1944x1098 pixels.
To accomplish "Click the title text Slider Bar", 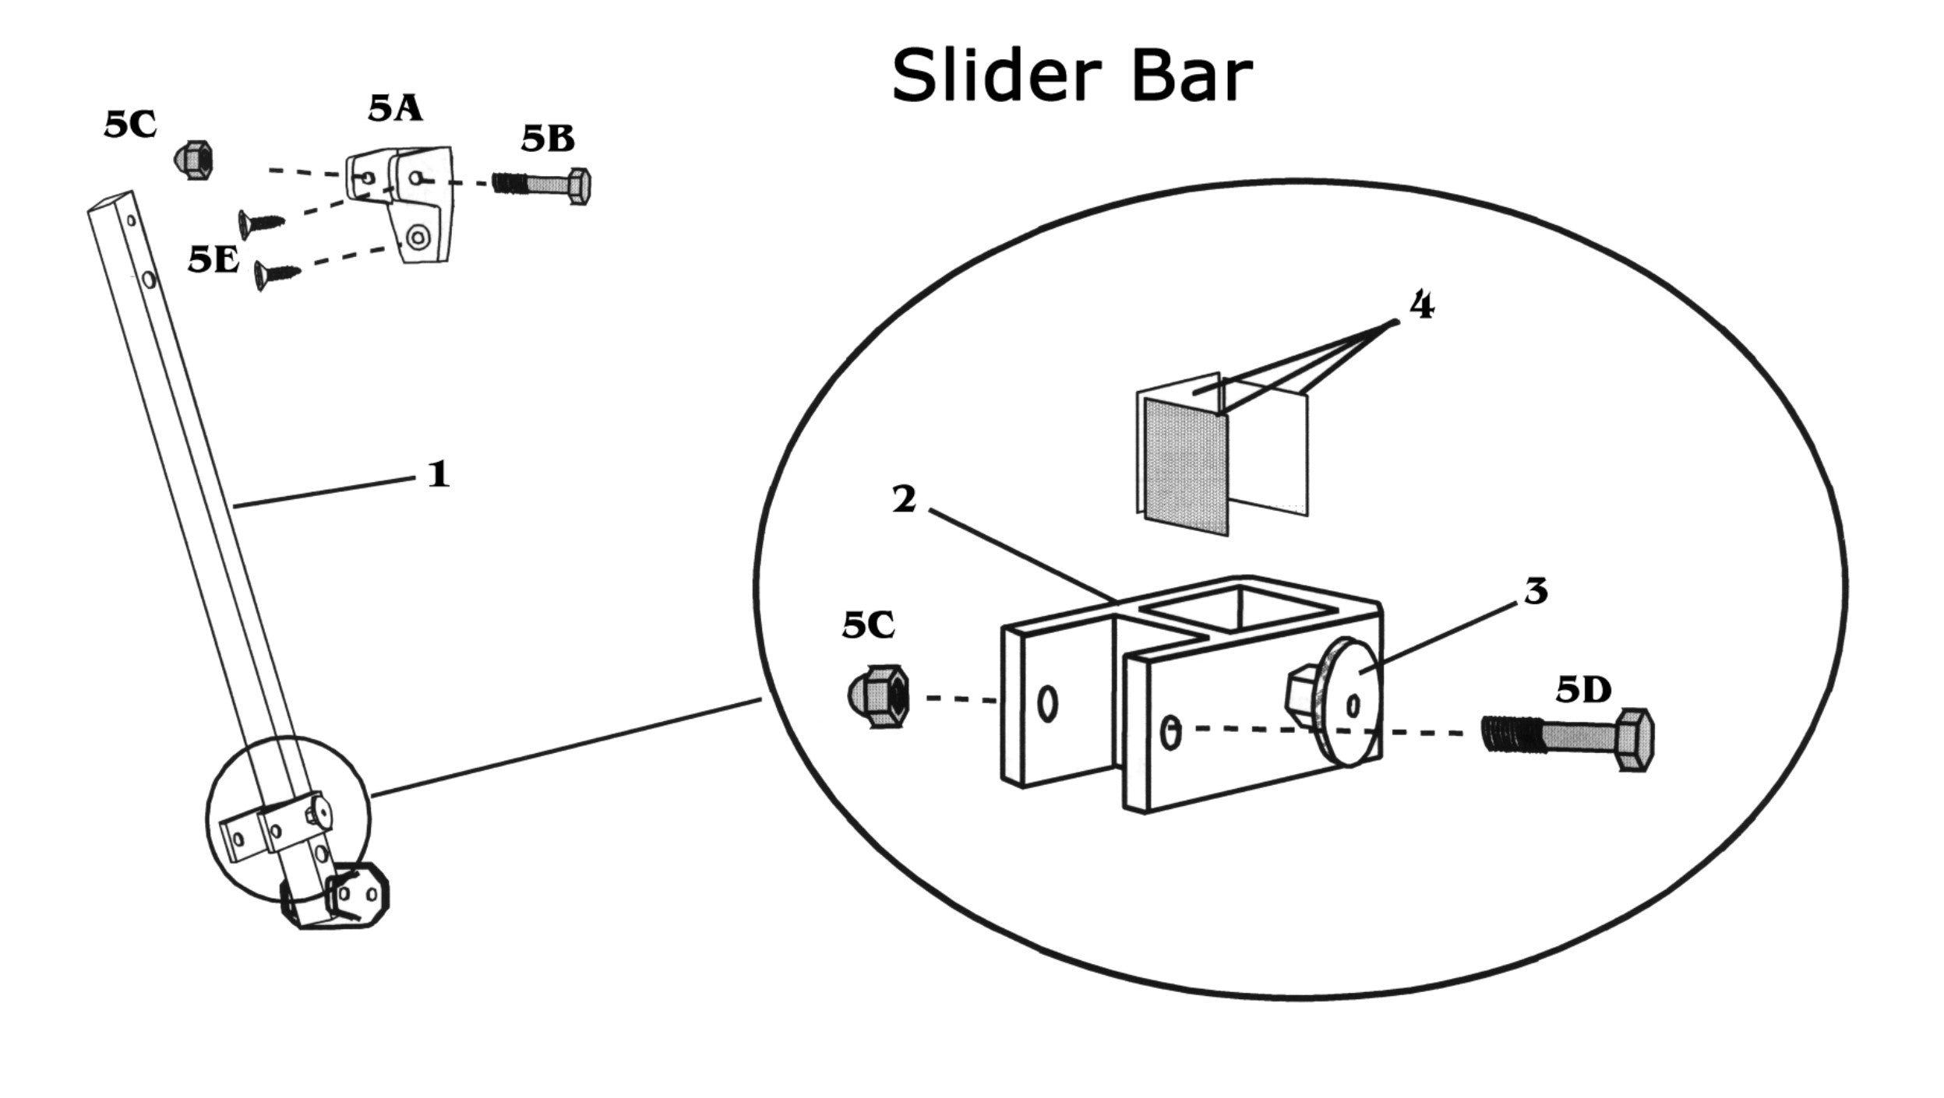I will coord(1071,76).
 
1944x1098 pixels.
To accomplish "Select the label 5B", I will coord(548,139).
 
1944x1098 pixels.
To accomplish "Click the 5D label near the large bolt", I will coord(1583,690).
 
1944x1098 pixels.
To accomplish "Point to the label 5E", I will coord(213,262).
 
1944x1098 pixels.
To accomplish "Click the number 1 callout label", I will coord(439,474).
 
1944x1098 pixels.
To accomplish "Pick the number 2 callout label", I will coord(904,501).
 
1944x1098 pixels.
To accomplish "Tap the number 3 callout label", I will coord(1535,593).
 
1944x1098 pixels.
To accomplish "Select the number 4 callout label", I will coord(1420,307).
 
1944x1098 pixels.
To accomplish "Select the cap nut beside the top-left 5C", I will coord(192,160).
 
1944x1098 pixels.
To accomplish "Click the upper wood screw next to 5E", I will coord(260,223).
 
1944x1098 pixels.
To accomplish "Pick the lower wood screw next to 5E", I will coord(277,274).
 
